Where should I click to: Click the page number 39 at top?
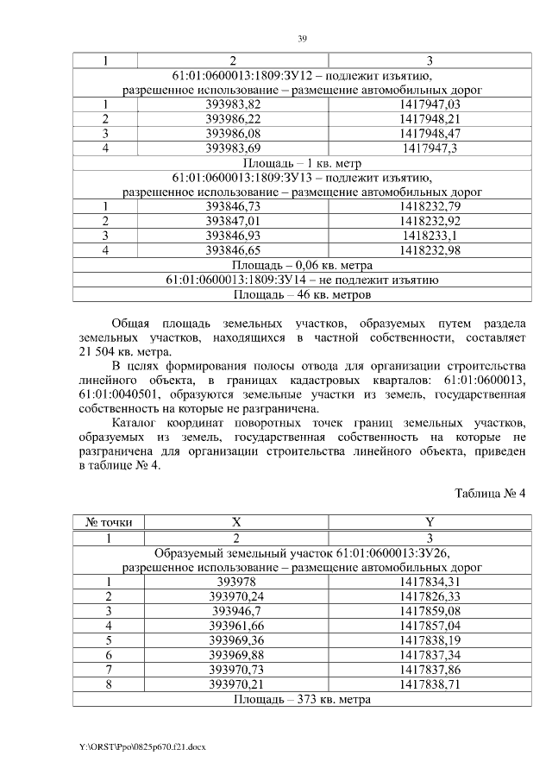pyautogui.click(x=303, y=39)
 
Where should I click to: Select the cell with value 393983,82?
pyautogui.click(x=233, y=104)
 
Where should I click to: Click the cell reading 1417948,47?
pyautogui.click(x=430, y=134)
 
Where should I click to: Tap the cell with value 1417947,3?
pyautogui.click(x=430, y=148)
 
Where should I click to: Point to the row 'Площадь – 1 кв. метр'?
pyautogui.click(x=302, y=162)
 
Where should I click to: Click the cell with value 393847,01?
pyautogui.click(x=233, y=221)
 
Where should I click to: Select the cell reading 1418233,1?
pyautogui.click(x=430, y=236)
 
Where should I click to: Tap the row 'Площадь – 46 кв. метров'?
pyautogui.click(x=302, y=295)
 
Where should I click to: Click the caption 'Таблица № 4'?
pyautogui.click(x=489, y=494)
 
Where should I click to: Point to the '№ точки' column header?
pyautogui.click(x=108, y=522)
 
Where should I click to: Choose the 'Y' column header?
pyautogui.click(x=430, y=522)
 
